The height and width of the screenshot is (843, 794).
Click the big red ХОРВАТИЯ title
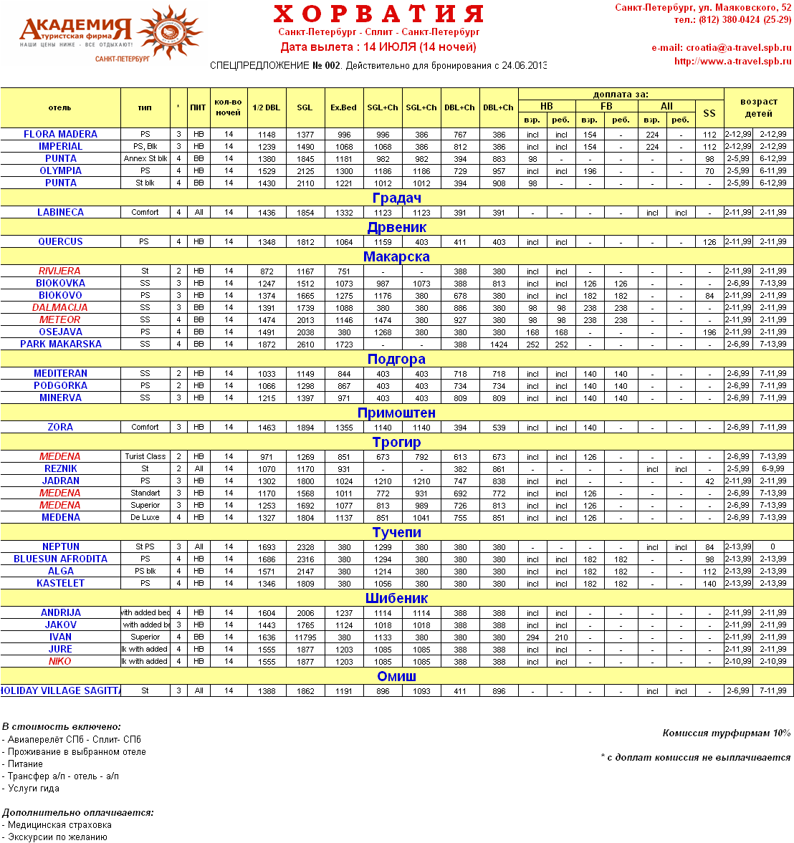378,14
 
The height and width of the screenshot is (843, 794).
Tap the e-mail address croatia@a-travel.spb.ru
738,48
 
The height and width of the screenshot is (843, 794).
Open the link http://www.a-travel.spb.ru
732,62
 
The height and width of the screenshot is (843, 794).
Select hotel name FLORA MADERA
60,134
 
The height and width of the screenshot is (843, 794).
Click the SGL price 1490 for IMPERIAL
305,147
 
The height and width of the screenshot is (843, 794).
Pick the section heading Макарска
396,256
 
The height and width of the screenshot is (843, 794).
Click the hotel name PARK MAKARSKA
60,344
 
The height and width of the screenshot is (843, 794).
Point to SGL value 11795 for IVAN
305,637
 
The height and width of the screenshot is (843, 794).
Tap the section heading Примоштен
396,413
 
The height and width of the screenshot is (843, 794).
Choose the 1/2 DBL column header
267,107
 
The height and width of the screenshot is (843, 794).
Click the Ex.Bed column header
343,107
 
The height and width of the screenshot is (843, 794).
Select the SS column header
709,113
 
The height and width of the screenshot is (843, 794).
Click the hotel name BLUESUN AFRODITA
60,559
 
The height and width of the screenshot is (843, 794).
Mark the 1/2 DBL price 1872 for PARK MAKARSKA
267,345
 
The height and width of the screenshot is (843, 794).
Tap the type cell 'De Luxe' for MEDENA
145,517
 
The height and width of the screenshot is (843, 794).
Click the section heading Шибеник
396,598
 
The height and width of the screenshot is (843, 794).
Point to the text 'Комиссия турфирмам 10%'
726,733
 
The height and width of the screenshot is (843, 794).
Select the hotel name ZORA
60,427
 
